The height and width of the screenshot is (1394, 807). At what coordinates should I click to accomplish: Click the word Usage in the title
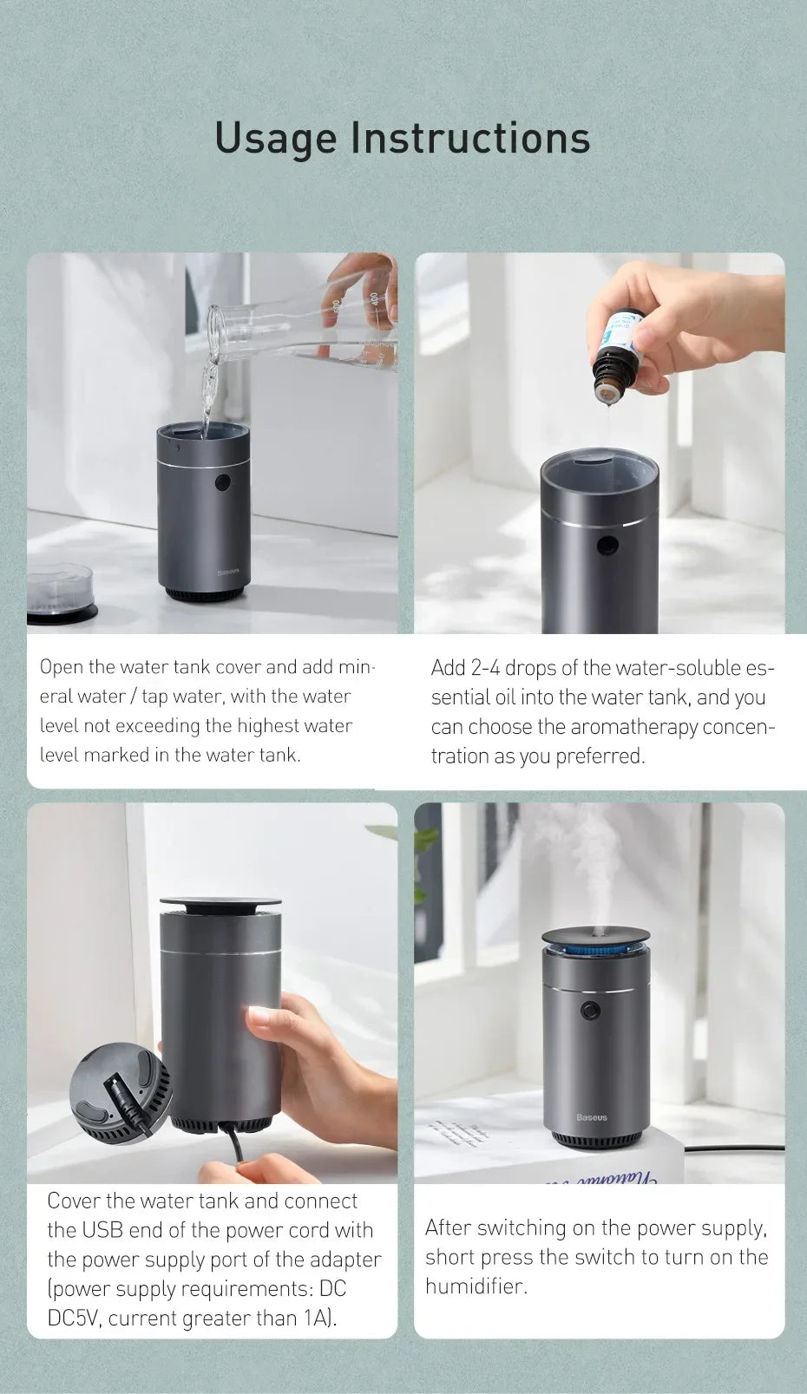(275, 139)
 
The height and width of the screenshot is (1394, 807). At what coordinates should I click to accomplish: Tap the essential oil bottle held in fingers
(617, 356)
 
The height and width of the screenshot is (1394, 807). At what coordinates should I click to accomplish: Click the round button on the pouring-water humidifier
(223, 482)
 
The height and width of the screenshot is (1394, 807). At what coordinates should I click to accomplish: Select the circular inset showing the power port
(121, 1092)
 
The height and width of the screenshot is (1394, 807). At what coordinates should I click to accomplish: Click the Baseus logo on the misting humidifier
(592, 1117)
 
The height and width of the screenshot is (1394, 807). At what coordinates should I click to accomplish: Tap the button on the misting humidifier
(592, 1011)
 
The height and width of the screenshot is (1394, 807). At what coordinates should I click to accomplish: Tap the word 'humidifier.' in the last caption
(476, 1286)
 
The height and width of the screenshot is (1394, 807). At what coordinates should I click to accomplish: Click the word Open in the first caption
(62, 667)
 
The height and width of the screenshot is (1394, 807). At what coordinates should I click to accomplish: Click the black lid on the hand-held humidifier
(220, 904)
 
